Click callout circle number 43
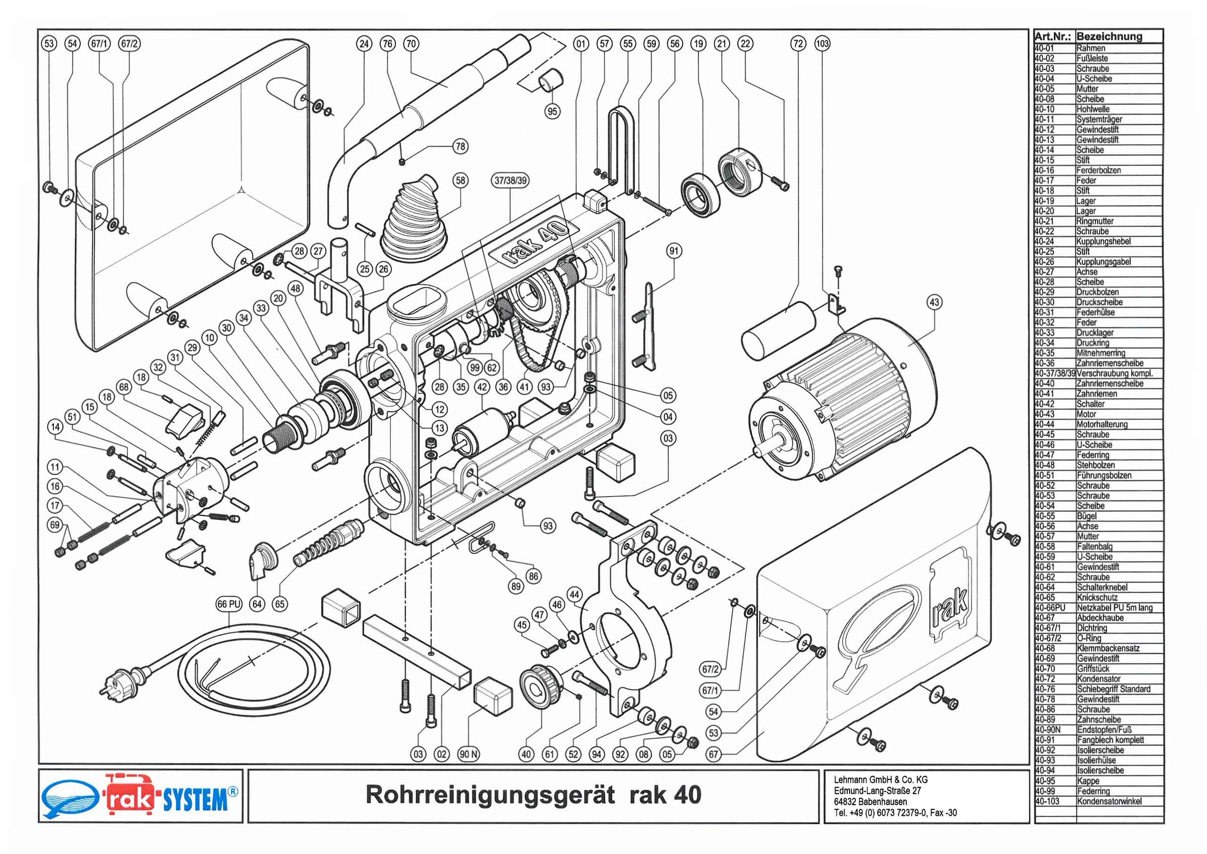pos(934,302)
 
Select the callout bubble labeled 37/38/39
pos(511,181)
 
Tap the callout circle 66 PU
pos(229,604)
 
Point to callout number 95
pos(552,111)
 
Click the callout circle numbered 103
pos(822,44)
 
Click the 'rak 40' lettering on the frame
pos(535,242)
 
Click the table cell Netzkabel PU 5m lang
pos(1114,608)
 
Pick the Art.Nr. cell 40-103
pos(1047,801)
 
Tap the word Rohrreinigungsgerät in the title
pos(489,795)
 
